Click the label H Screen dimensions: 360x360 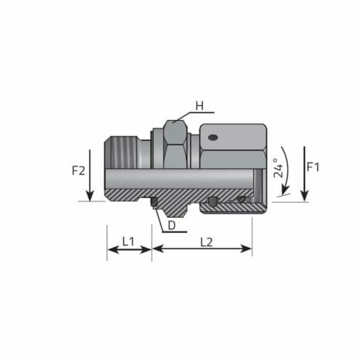tap(199, 105)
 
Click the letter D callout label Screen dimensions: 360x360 tap(172, 225)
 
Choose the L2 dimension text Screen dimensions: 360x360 tap(206, 242)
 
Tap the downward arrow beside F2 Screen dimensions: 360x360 tap(90, 174)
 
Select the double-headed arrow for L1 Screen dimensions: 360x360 tap(129, 249)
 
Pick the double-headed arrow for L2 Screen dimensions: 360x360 tap(202, 249)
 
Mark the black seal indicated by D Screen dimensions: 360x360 tap(155, 203)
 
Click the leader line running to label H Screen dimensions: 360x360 tap(187, 111)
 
